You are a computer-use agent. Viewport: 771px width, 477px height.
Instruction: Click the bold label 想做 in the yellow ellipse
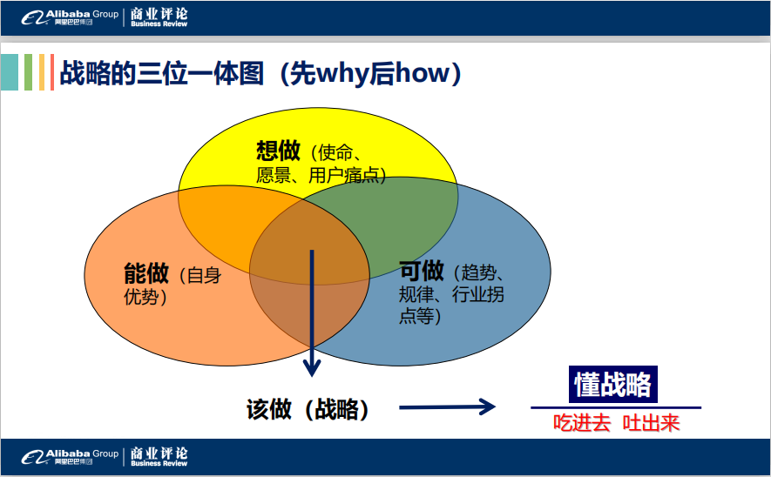pos(278,151)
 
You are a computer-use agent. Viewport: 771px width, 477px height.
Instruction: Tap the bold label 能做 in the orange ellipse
pos(146,273)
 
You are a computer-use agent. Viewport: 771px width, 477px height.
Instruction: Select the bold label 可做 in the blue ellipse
pos(422,270)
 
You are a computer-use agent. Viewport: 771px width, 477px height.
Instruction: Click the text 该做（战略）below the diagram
pos(308,409)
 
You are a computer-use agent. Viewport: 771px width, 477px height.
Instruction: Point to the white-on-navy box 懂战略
pos(612,384)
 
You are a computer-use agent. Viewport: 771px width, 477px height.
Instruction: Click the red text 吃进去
pos(582,423)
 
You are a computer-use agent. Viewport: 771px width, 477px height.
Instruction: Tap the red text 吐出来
pos(651,423)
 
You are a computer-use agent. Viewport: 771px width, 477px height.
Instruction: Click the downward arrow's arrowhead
pos(312,367)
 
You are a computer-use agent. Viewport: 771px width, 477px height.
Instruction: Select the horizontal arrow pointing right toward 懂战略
pos(447,406)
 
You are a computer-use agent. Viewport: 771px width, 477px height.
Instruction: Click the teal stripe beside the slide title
pos(10,72)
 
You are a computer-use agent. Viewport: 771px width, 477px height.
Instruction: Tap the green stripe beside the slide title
pos(28,72)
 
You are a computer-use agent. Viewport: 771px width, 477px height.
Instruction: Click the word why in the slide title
pos(342,75)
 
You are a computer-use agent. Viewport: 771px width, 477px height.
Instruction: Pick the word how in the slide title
pos(422,73)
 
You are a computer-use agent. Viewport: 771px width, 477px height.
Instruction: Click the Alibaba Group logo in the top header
pos(70,17)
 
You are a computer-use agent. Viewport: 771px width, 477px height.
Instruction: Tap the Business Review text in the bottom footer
pos(159,463)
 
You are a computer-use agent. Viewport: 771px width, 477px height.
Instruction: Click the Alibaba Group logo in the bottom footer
pos(70,456)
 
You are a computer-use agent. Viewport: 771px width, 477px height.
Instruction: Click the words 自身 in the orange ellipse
pos(204,276)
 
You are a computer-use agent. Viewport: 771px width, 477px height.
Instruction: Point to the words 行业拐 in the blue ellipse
pos(478,294)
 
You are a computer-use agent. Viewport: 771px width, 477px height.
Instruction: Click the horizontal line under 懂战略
pos(616,407)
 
